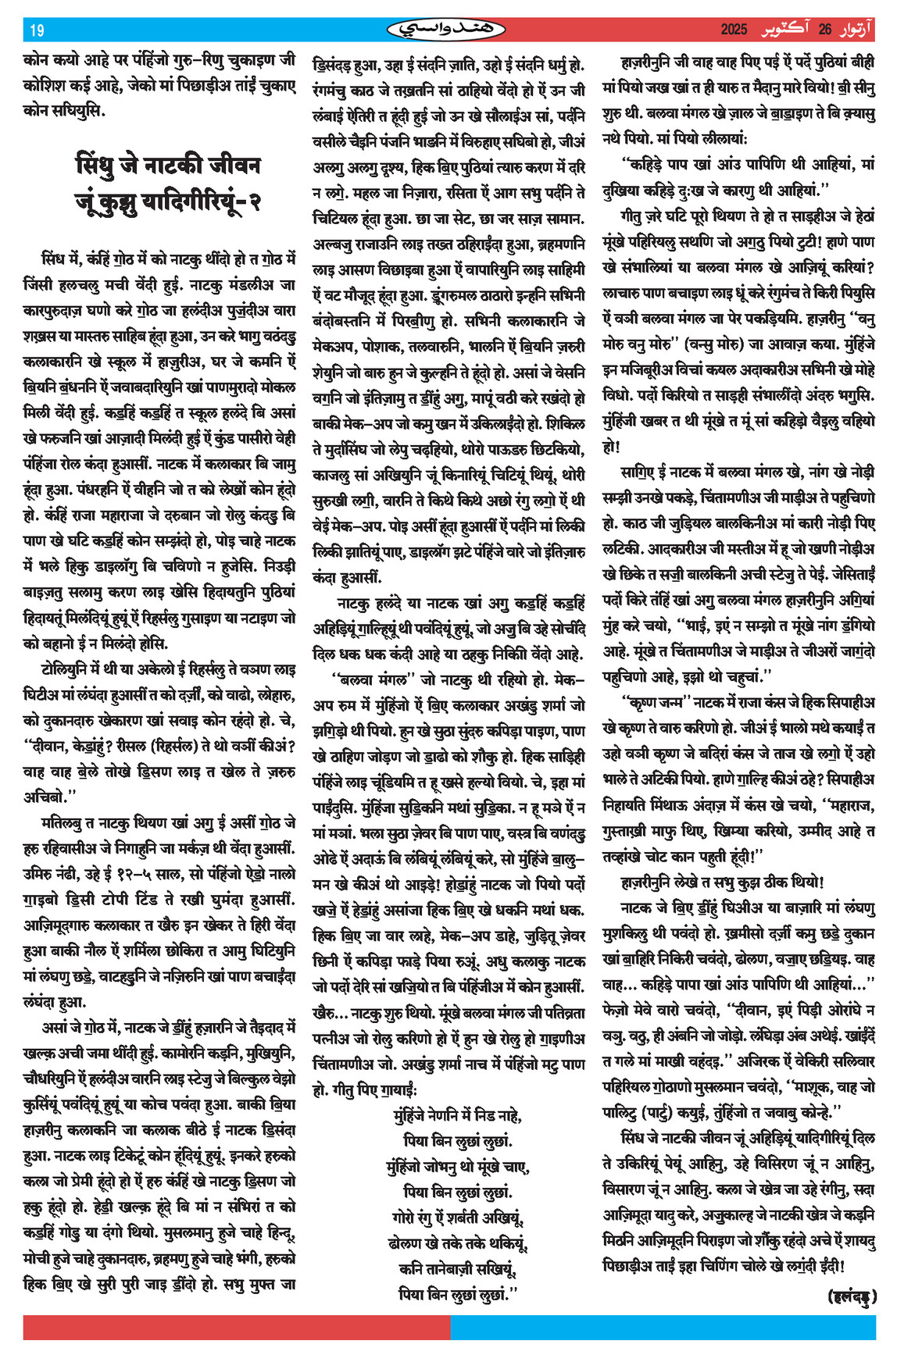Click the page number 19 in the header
[x=37, y=30]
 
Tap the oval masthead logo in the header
[x=446, y=30]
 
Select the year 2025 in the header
[x=734, y=30]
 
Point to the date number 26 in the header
[x=825, y=30]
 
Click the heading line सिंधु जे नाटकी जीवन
[x=168, y=166]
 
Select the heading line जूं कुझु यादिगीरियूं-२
[x=168, y=202]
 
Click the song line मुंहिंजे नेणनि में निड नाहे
[x=458, y=1114]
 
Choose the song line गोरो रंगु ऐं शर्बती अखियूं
[x=458, y=1217]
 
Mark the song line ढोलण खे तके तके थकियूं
[x=458, y=1243]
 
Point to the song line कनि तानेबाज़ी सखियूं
[x=458, y=1268]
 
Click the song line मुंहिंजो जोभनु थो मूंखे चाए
[x=458, y=1166]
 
